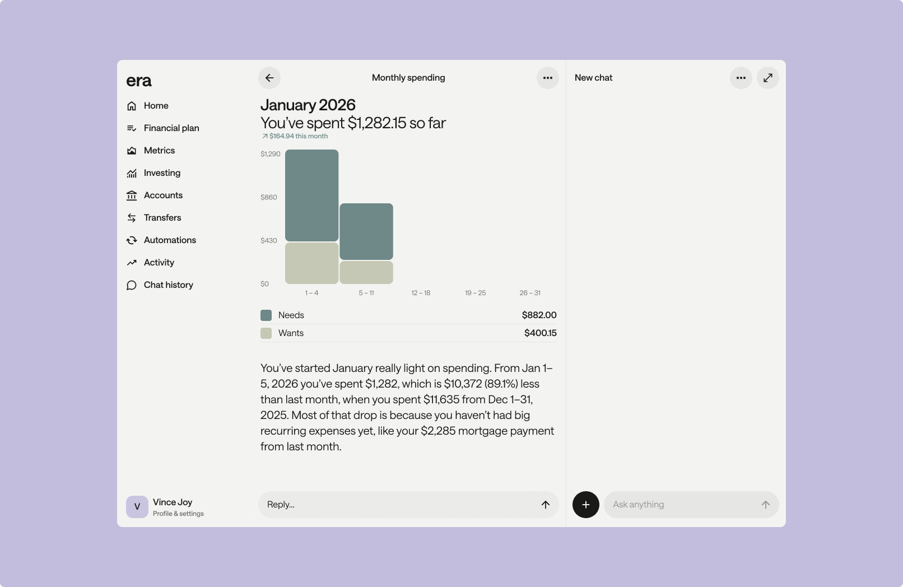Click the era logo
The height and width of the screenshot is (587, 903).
pyautogui.click(x=139, y=81)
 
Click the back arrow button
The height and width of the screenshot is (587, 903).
pyautogui.click(x=269, y=78)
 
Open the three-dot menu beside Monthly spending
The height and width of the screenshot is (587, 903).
pyautogui.click(x=547, y=78)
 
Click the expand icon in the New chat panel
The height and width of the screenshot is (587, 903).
pyautogui.click(x=767, y=78)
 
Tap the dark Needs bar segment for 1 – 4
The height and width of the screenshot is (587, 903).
pyautogui.click(x=311, y=195)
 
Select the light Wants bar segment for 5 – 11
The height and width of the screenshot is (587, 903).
pyautogui.click(x=366, y=273)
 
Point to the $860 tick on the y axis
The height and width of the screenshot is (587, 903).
pyautogui.click(x=268, y=197)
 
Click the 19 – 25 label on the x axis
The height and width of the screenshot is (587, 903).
pyautogui.click(x=475, y=293)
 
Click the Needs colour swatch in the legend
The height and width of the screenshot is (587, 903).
pyautogui.click(x=266, y=315)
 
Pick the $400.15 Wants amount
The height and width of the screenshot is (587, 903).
pyautogui.click(x=540, y=333)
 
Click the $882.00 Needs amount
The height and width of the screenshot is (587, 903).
pyautogui.click(x=539, y=315)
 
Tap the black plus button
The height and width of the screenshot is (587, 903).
pyautogui.click(x=586, y=505)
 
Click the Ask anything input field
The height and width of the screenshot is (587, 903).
pyautogui.click(x=691, y=505)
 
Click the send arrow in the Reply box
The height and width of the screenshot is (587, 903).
pyautogui.click(x=546, y=505)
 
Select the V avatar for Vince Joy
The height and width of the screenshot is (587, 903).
pyautogui.click(x=137, y=507)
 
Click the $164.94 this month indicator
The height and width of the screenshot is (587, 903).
pyautogui.click(x=295, y=136)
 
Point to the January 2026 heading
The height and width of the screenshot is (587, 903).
pyautogui.click(x=308, y=105)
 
